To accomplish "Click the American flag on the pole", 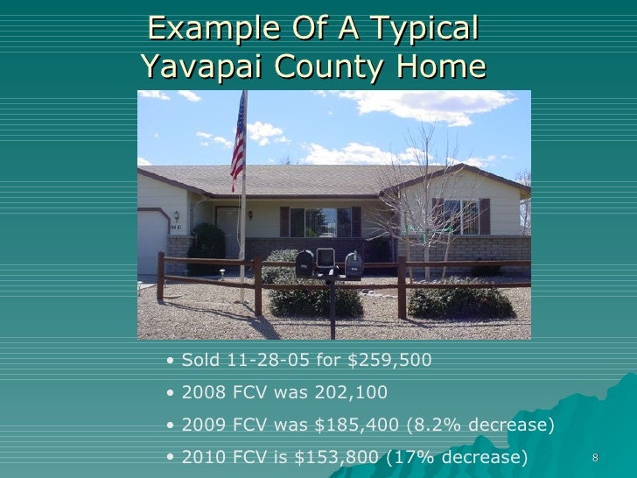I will coord(237,143).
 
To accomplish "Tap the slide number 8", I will coord(595,459).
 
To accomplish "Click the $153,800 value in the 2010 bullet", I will coord(334,457).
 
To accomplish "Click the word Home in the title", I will coord(441,67).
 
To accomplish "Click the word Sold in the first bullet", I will coord(199,361).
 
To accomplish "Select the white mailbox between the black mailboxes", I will coord(325,257).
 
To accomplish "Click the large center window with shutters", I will coord(319,222).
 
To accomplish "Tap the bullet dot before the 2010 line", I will coord(170,458).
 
